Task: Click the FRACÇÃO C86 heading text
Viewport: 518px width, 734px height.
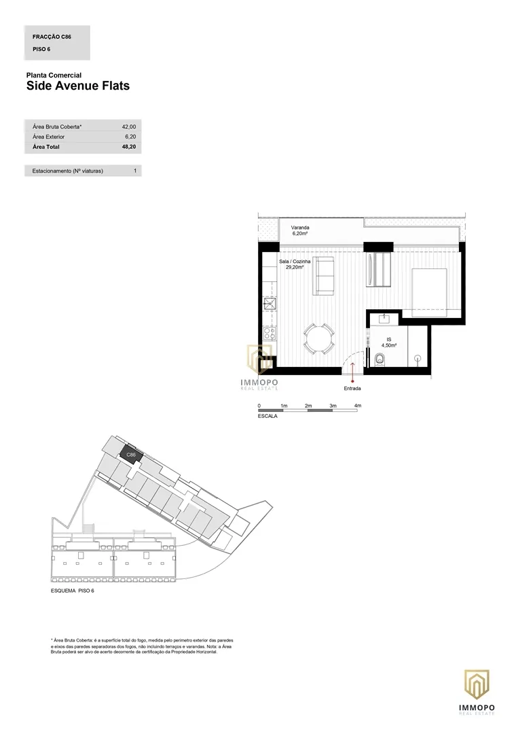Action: point(52,37)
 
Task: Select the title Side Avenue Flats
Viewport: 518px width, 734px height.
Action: point(78,86)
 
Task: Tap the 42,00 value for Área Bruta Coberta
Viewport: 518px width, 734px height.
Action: point(129,127)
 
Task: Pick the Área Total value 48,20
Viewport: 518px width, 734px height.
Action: point(129,147)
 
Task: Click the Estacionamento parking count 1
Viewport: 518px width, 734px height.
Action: point(135,171)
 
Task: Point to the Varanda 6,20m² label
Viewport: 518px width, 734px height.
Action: point(300,230)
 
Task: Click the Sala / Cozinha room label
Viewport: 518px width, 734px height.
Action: point(295,264)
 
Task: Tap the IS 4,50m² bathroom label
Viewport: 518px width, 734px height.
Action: point(389,342)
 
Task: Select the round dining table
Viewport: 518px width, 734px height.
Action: point(319,338)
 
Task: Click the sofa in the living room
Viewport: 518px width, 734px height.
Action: point(323,276)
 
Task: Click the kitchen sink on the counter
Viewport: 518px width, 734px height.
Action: point(270,304)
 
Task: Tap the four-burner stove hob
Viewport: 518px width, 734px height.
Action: point(270,333)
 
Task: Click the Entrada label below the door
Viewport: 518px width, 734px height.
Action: point(352,389)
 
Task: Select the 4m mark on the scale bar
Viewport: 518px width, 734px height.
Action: point(358,406)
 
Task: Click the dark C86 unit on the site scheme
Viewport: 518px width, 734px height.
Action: point(131,454)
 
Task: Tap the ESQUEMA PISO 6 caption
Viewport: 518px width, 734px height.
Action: point(73,591)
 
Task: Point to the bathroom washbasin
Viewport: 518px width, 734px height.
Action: point(385,319)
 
